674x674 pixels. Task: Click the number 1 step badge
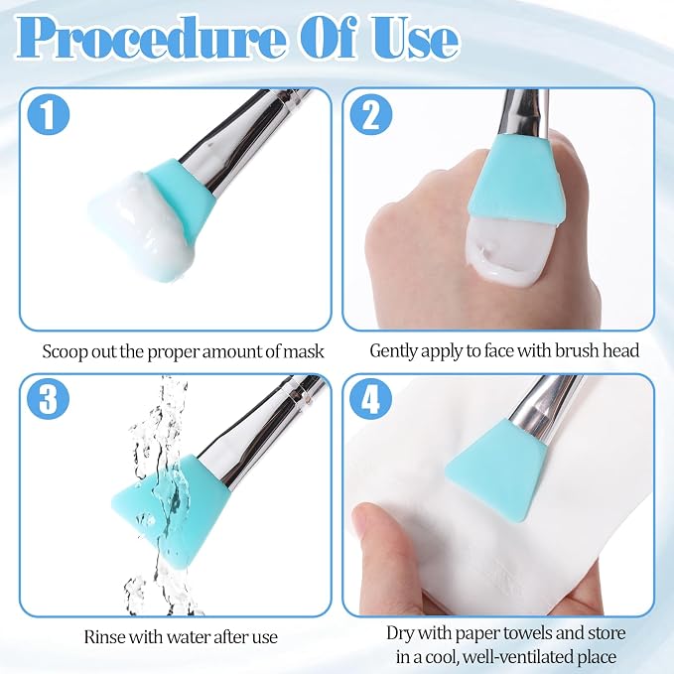[48, 114]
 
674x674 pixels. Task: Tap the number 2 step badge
[371, 114]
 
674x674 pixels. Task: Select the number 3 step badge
[48, 399]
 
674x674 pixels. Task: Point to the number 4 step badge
[371, 399]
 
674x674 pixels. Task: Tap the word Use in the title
[413, 39]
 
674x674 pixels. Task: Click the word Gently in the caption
[393, 351]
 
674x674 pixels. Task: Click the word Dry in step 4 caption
[400, 633]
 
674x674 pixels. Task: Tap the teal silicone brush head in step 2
[515, 183]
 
